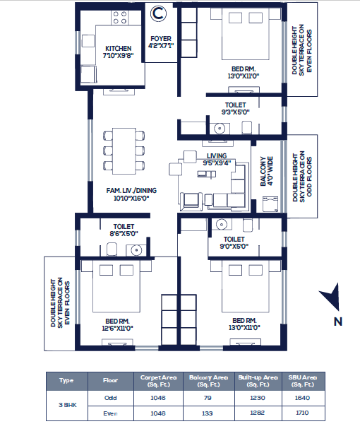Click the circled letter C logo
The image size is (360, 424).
coord(158,13)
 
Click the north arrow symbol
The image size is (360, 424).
coord(331,297)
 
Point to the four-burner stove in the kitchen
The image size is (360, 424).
coord(119,18)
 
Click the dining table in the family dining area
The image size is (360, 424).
coord(124,151)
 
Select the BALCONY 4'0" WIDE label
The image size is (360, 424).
coord(267,171)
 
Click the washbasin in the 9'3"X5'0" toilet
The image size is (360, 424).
coord(220,128)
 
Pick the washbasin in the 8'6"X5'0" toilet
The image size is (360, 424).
coord(136,250)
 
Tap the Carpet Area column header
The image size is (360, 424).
coord(158,381)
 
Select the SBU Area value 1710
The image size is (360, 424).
coord(302,413)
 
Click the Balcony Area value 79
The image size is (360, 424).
coord(208,398)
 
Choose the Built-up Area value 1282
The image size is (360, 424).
coord(258,413)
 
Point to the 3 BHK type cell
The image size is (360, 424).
coord(68,405)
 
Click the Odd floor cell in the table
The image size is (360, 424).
coord(110,398)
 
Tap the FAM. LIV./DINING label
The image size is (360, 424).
coord(131,194)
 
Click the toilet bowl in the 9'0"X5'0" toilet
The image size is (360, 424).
coord(248,225)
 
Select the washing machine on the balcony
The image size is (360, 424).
coord(270,204)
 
